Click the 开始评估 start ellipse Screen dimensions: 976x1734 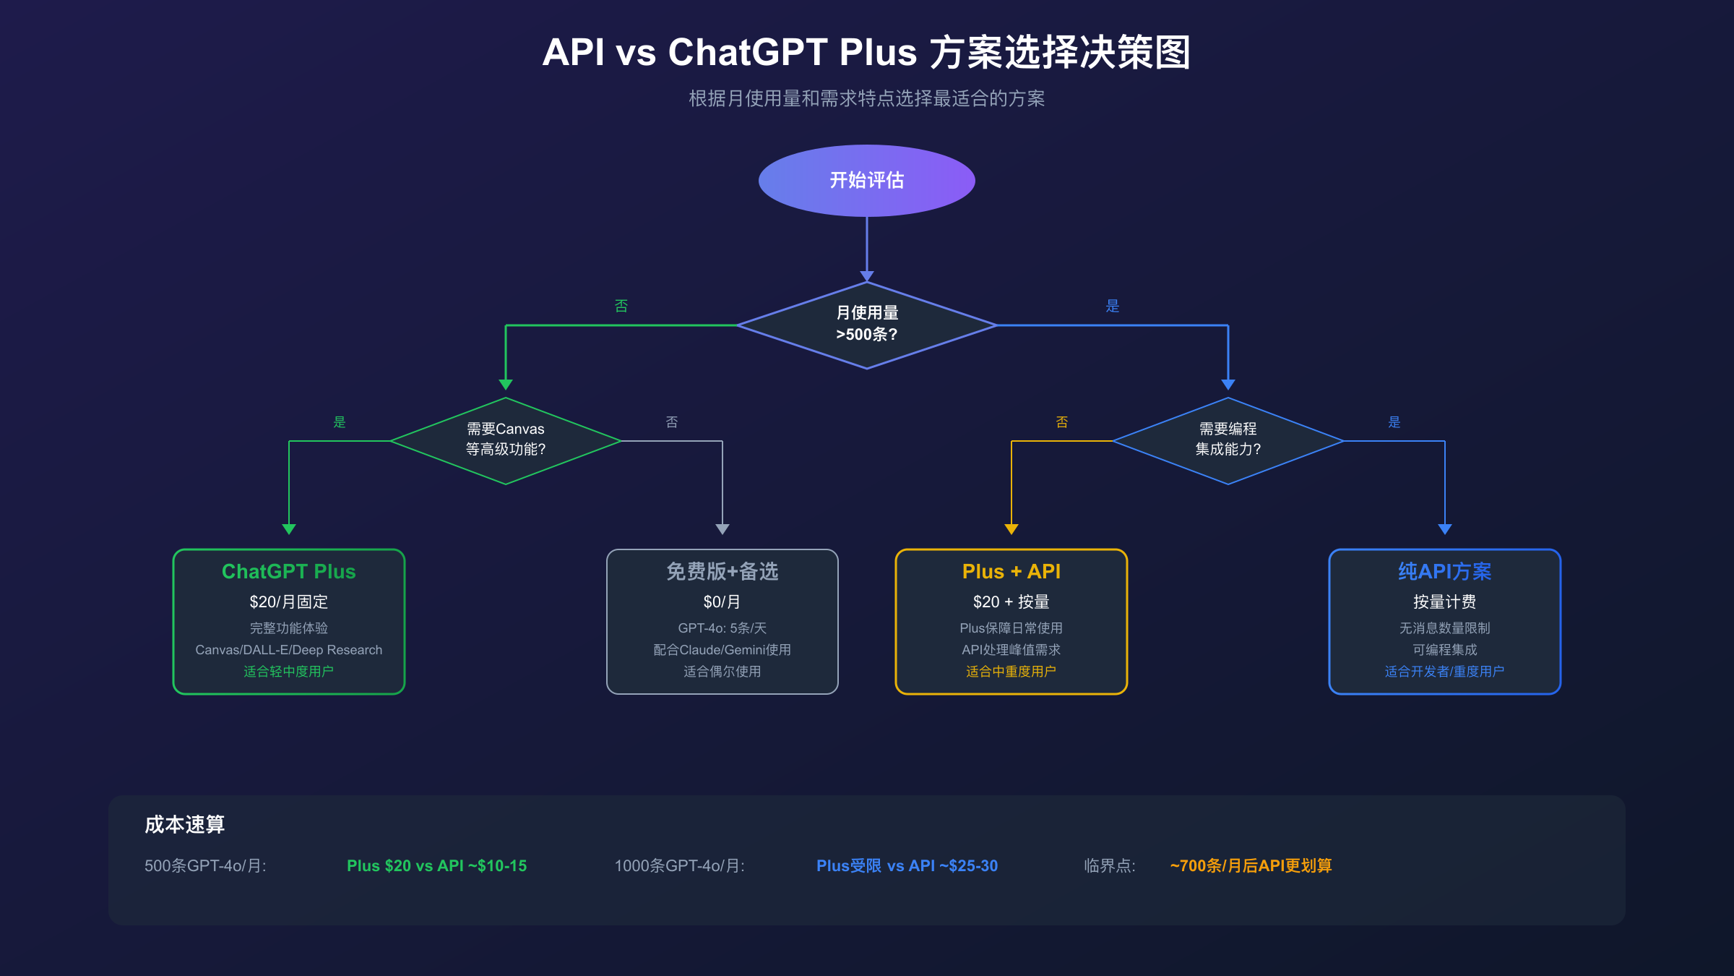click(866, 180)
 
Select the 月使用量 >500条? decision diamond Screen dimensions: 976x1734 click(866, 325)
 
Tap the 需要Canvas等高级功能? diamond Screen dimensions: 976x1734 click(505, 440)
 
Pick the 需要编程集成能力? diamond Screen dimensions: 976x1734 click(1228, 440)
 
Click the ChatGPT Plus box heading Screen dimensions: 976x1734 click(288, 571)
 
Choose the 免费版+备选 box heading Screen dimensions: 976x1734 click(722, 571)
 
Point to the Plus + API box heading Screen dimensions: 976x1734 click(1011, 571)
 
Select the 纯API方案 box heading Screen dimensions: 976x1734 click(1444, 571)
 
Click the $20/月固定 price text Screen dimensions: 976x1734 click(288, 602)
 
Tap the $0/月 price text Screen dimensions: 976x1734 click(722, 602)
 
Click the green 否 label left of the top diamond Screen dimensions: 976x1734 click(621, 306)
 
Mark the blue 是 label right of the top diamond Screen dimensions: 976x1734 click(1112, 306)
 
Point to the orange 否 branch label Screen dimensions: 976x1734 click(1061, 421)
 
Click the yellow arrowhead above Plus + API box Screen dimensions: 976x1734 click(1011, 529)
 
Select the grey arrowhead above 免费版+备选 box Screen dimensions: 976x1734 click(722, 529)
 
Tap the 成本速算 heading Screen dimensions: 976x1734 click(184, 824)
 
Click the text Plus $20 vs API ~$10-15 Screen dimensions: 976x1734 click(436, 865)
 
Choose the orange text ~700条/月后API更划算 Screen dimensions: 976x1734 click(1251, 865)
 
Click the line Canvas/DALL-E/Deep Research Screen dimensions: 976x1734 click(288, 650)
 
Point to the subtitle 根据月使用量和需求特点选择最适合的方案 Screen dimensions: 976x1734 click(866, 98)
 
